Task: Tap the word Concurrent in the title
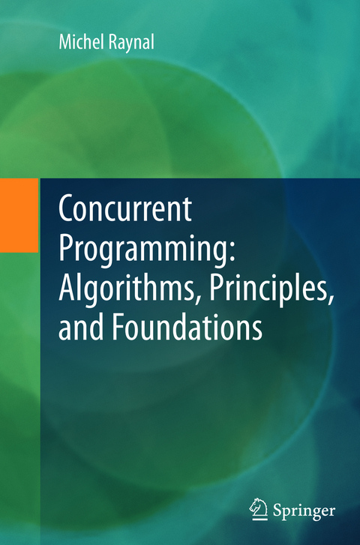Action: click(126, 213)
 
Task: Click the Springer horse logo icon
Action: click(259, 511)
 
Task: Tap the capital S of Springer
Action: click(277, 511)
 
